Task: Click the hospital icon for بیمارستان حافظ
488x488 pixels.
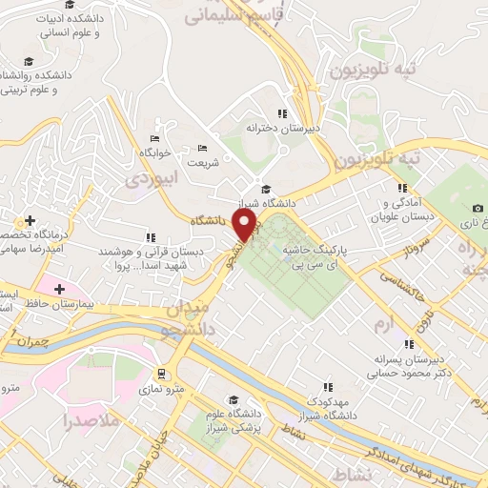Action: click(60, 288)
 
